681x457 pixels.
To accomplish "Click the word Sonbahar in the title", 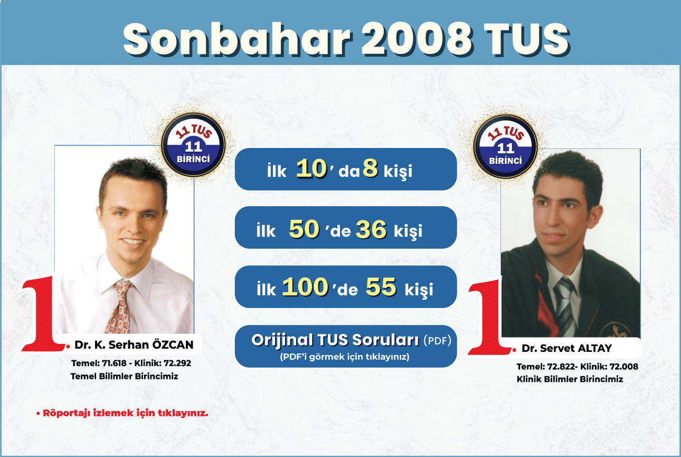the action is tap(238, 40).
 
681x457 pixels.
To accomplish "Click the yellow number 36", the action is tap(371, 229).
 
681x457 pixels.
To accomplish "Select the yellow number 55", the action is tap(381, 286).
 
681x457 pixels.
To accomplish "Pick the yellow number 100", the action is tap(305, 286).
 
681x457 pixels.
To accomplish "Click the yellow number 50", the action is tap(304, 229).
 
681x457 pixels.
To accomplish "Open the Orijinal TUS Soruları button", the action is tap(346, 346).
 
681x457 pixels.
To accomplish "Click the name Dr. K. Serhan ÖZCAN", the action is tap(134, 344).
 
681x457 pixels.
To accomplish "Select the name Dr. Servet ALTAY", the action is tap(566, 348).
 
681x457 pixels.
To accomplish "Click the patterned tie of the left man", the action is tap(119, 307).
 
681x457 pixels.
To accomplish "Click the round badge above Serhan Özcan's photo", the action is tap(193, 145).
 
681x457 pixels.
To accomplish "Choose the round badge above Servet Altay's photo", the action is tap(505, 146).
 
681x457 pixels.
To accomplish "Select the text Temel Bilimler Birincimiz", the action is tap(125, 376).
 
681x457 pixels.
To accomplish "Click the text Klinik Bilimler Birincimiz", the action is tap(570, 379).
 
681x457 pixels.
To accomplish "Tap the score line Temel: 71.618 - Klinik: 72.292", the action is tap(131, 363).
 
